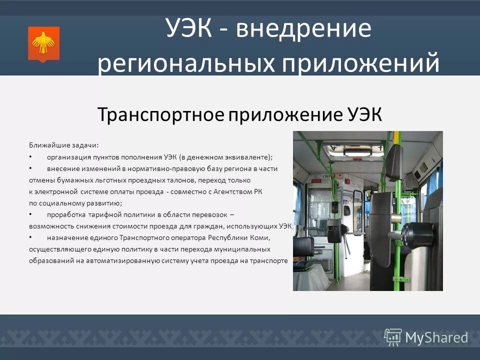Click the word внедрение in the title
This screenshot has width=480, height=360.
point(304,30)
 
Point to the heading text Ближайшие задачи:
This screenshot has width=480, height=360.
point(63,145)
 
